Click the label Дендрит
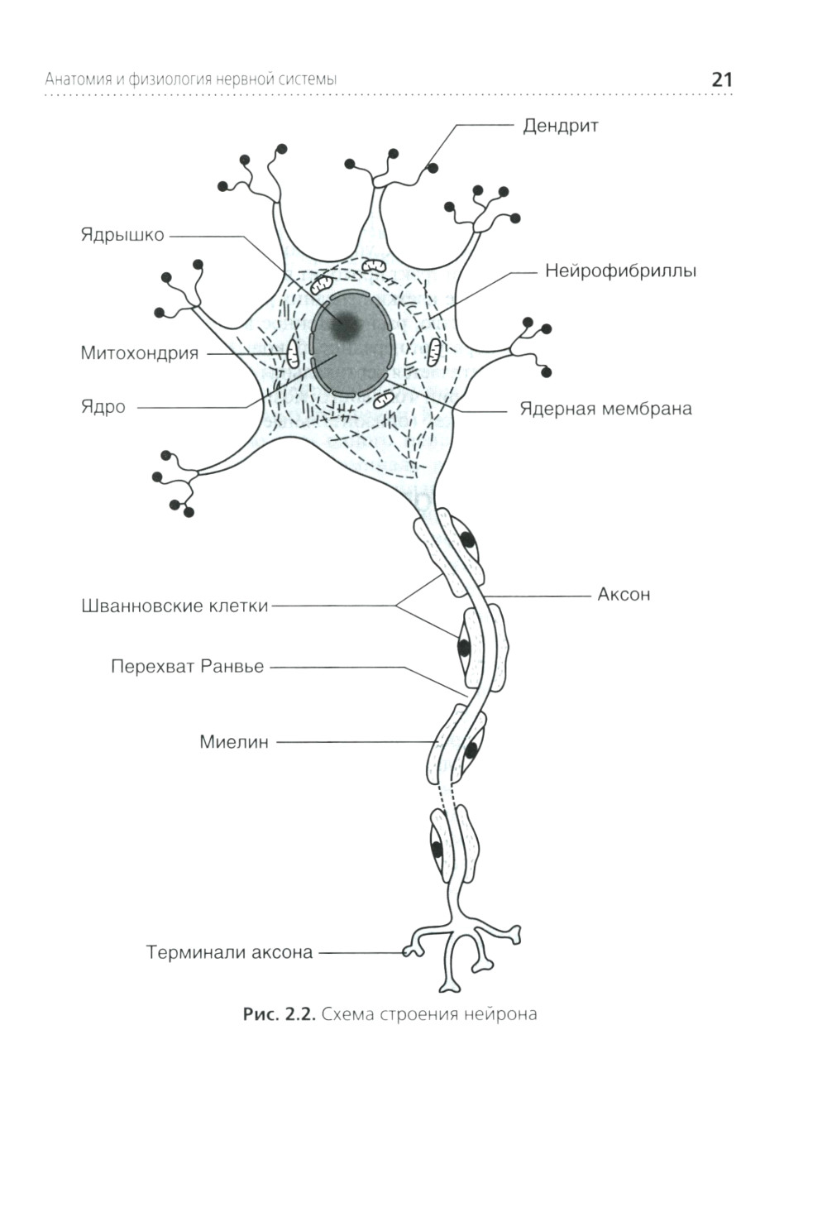point(560,127)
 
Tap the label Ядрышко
point(122,235)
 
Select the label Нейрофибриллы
point(620,271)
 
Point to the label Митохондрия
point(140,354)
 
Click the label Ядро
point(103,407)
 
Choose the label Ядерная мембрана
point(605,410)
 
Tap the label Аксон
point(624,595)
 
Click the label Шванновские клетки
point(175,606)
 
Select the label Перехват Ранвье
point(188,667)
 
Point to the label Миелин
point(234,743)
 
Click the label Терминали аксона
point(230,953)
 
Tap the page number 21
point(721,80)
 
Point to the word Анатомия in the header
point(78,80)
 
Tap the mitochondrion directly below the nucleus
point(383,401)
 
